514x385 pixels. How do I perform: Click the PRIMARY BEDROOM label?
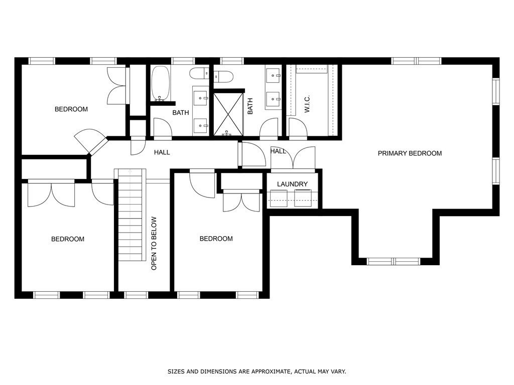coord(410,153)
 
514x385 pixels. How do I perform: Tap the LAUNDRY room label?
coord(292,184)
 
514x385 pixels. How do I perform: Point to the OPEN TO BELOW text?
coord(154,243)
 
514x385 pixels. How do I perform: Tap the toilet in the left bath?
coord(199,74)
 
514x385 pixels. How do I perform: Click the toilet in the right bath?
coord(223,77)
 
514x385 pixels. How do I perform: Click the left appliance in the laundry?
coord(278,198)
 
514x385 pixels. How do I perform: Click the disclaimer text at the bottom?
coord(256,371)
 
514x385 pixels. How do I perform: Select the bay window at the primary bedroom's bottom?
coord(394,261)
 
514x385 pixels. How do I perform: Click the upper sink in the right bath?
coord(274,77)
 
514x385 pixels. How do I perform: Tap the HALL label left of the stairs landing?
coord(162,152)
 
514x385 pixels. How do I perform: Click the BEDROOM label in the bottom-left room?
coord(68,239)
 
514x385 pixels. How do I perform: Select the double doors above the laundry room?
coord(293,158)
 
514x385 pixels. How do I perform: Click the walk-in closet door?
coord(298,129)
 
